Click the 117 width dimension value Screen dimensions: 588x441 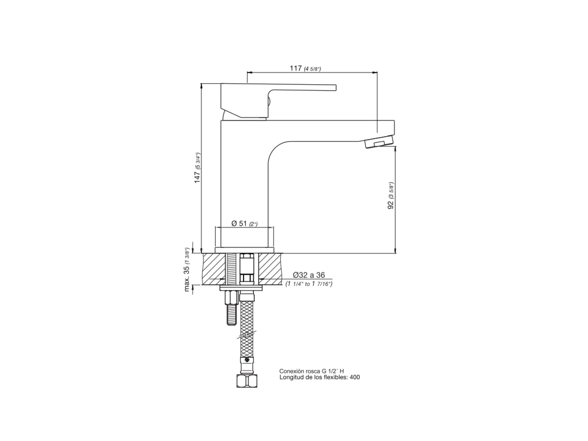(x=296, y=68)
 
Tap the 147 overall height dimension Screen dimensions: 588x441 (x=197, y=177)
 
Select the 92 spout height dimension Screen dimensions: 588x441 (x=391, y=205)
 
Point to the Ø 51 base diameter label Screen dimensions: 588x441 (x=239, y=223)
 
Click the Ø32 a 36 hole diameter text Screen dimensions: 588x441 (x=309, y=275)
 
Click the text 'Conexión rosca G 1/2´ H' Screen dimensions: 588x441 (x=312, y=371)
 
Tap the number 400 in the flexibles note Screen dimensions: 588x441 (x=355, y=377)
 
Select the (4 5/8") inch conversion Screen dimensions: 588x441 (x=312, y=69)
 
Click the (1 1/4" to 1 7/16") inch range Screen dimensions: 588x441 (x=309, y=284)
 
